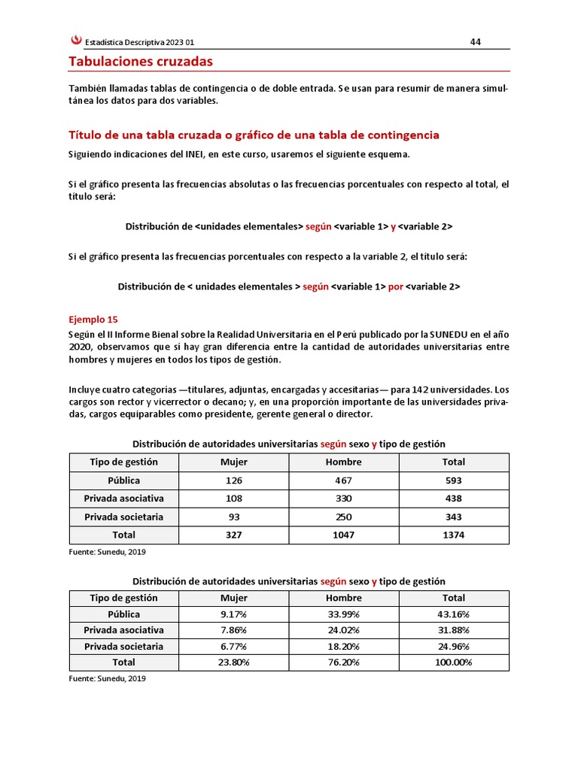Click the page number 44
[475, 41]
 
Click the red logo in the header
[75, 42]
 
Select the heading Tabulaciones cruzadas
[141, 61]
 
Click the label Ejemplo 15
[93, 319]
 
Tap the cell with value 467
[344, 480]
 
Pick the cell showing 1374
[454, 535]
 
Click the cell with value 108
[233, 499]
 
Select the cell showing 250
[344, 517]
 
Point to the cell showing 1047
[344, 535]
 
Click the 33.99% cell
[344, 614]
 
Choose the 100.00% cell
[454, 662]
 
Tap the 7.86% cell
[233, 630]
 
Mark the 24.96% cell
[454, 647]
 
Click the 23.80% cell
[233, 662]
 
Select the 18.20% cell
[344, 647]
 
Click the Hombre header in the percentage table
[344, 598]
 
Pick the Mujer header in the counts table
[233, 462]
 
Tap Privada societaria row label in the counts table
[123, 517]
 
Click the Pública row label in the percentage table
[123, 614]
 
